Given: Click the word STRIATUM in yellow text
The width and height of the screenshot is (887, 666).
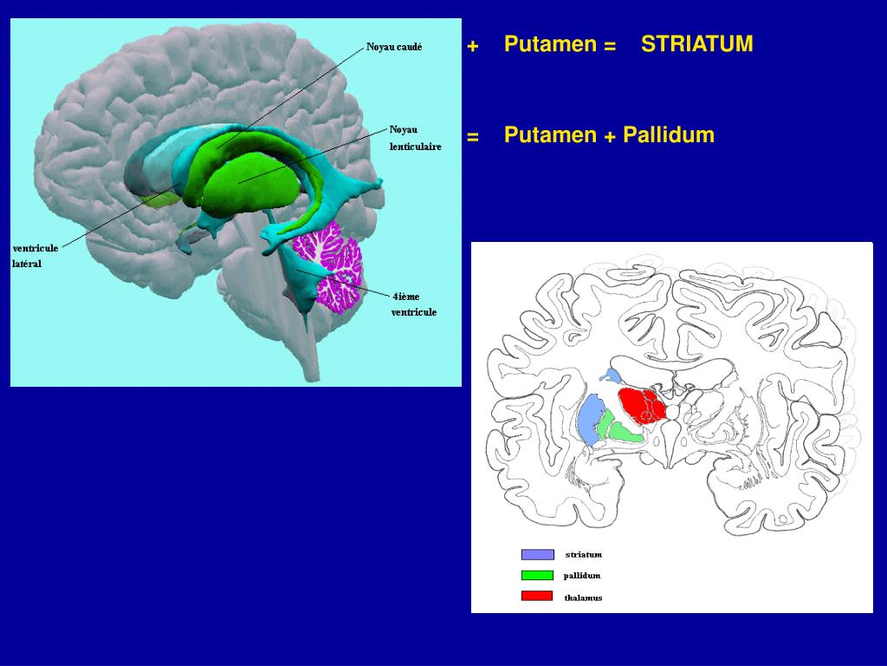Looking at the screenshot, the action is pos(696,44).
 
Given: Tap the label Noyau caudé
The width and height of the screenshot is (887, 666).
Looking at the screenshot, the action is pos(394,48).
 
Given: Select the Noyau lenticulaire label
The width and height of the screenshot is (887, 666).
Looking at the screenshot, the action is pos(414,138).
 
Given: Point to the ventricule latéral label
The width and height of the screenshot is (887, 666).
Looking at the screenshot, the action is pos(36,256).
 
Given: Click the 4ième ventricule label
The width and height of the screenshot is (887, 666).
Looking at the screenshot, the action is pos(413,304).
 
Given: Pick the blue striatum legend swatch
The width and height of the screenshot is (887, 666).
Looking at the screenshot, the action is pos(537,555).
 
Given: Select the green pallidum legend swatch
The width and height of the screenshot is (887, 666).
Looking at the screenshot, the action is pos(537,575).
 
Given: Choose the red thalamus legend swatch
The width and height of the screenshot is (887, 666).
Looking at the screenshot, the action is pos(537,596).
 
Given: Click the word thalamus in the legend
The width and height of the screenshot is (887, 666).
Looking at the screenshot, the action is pos(583,597).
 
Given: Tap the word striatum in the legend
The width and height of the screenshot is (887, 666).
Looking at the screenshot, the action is pos(583,555).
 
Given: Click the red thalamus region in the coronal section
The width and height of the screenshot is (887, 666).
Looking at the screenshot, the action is pos(641,405).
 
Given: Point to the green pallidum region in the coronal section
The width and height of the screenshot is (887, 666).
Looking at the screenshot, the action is pos(624,428).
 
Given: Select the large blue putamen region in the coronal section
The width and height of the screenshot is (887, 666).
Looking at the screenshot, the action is pos(592,420).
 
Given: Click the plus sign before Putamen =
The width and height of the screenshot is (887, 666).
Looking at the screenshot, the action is pos(472,46).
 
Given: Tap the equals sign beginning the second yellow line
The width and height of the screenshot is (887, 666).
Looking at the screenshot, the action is pos(472,137).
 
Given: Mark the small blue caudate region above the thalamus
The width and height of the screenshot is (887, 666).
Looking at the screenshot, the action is pos(612,375).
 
